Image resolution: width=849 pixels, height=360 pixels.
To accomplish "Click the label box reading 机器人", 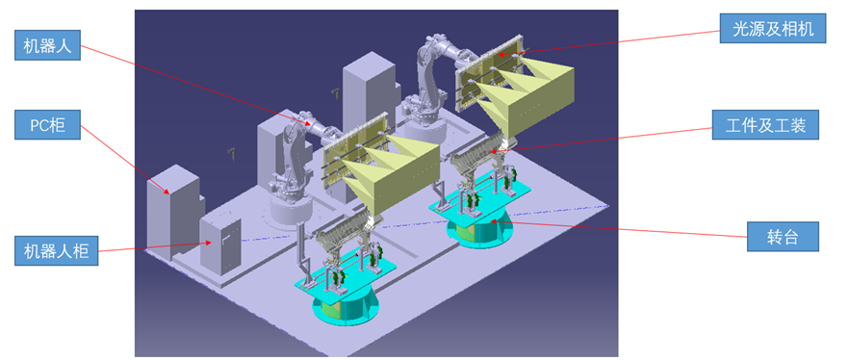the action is tap(47, 45).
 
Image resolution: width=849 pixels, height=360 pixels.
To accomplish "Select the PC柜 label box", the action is tap(47, 124).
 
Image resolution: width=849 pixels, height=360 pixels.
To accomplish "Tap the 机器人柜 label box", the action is tap(56, 250).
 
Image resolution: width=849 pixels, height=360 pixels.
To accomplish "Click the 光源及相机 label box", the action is tap(773, 29).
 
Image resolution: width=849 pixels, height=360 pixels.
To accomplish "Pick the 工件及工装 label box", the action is tap(765, 124).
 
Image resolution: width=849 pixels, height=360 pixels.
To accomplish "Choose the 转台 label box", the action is tap(783, 236).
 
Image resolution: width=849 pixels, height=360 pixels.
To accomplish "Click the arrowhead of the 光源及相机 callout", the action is tap(501, 54).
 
